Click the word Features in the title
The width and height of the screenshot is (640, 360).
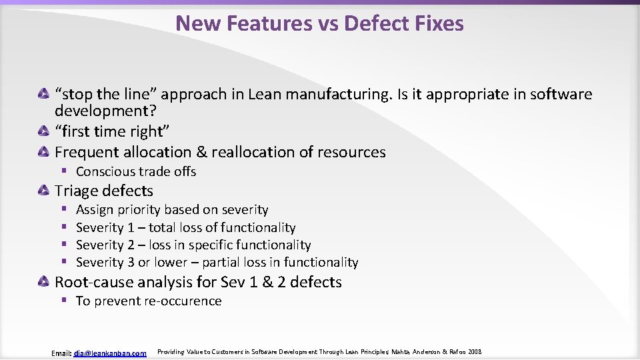click(x=269, y=23)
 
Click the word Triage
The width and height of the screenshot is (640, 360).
click(x=76, y=191)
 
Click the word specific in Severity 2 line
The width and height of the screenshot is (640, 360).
click(x=203, y=245)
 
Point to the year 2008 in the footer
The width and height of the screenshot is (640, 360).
click(x=474, y=351)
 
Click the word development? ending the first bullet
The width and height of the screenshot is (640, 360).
click(x=104, y=110)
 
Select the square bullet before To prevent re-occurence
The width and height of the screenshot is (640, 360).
click(x=65, y=300)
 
